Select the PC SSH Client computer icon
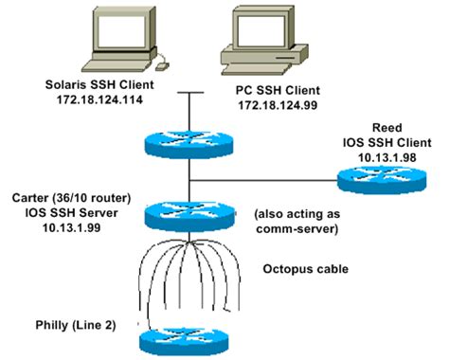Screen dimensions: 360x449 249,37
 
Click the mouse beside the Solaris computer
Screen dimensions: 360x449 161,65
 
